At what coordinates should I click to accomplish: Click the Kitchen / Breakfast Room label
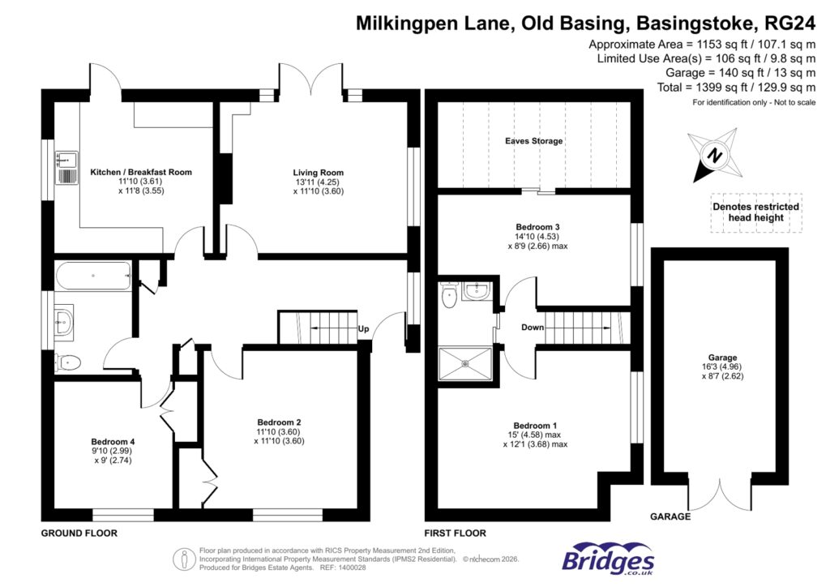[141, 173]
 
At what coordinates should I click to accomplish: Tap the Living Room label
[318, 173]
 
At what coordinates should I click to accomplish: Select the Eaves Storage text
[533, 141]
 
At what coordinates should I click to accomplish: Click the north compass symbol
[712, 155]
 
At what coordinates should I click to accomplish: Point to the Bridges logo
[608, 559]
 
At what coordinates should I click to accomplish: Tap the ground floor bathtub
[93, 276]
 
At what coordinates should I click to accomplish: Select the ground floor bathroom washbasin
[62, 321]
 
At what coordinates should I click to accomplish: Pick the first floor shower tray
[465, 363]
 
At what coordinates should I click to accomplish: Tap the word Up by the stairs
[364, 329]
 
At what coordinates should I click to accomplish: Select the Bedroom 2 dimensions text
[279, 437]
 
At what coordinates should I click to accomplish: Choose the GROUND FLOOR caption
[79, 533]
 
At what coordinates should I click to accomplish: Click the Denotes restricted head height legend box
[755, 212]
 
